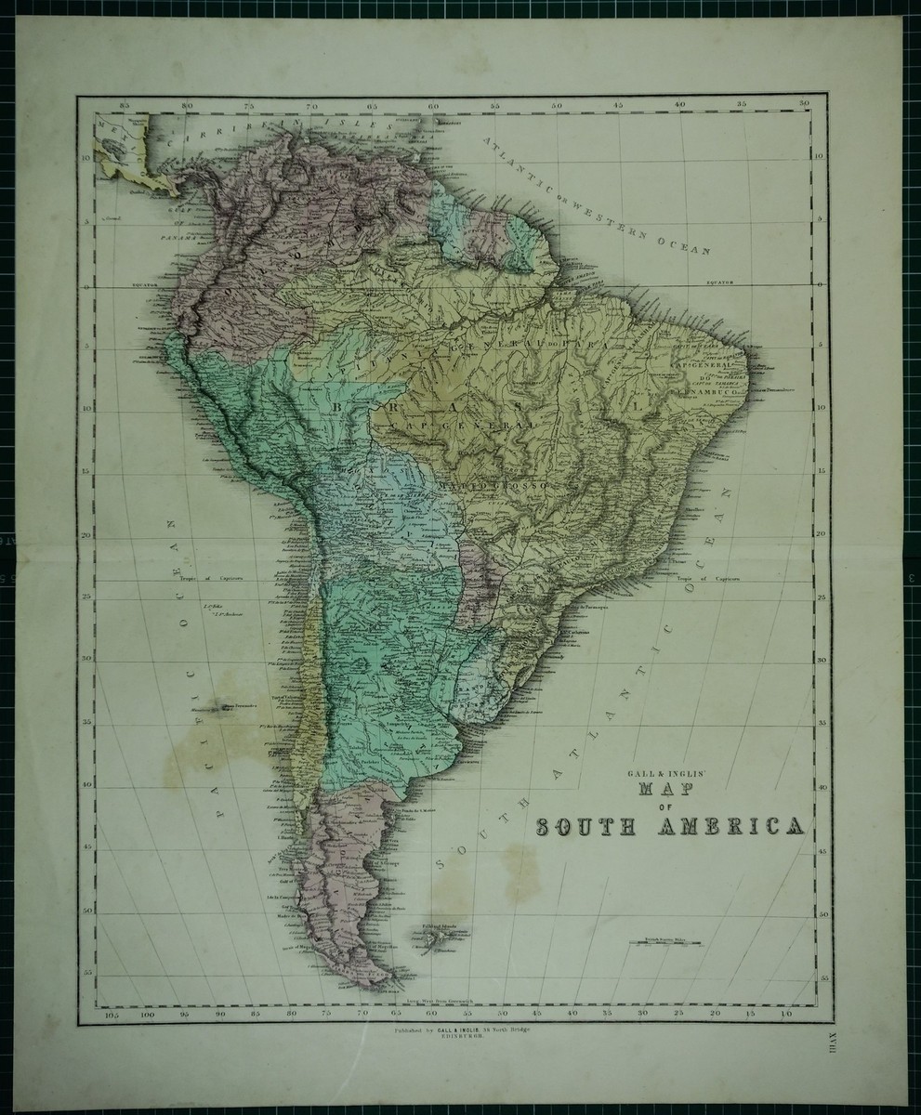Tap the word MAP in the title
tap(663, 791)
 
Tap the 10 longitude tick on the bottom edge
tap(785, 1015)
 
